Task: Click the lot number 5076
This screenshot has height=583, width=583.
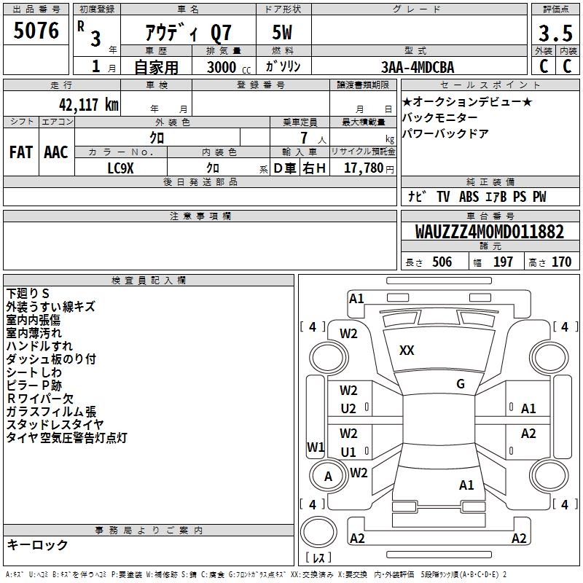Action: [36, 31]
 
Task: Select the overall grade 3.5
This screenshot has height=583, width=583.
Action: [555, 34]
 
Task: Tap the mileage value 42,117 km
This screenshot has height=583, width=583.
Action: [88, 105]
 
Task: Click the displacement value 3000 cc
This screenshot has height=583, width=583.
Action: [229, 67]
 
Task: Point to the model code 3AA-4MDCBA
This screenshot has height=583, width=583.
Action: [418, 67]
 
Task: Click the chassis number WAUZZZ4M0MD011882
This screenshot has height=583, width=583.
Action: [489, 231]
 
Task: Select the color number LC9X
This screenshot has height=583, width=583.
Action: [120, 168]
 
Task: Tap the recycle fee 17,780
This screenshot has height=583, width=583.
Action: [364, 168]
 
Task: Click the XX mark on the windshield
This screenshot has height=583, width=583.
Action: [407, 351]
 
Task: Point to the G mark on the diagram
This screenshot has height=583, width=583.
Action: [461, 384]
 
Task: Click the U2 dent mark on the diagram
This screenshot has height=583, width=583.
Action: [348, 409]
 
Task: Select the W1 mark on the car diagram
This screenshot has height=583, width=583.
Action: [316, 447]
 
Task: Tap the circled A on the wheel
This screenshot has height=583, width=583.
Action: [328, 477]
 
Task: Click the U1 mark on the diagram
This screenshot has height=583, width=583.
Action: [348, 452]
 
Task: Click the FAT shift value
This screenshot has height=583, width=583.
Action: [21, 152]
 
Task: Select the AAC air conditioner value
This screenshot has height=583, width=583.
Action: [56, 152]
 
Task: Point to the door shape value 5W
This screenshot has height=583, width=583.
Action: [282, 32]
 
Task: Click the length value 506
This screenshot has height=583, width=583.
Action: [442, 262]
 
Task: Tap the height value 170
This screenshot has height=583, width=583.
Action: [561, 262]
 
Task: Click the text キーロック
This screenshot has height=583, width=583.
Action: [37, 544]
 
